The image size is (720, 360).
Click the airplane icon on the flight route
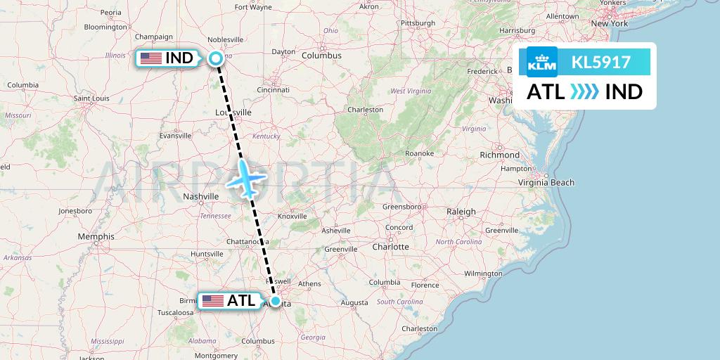coord(246,177)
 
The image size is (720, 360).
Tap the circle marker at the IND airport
coord(216,58)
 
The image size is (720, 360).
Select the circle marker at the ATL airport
coord(276,301)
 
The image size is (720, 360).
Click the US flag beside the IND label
coord(151,58)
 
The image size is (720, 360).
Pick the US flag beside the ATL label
coord(212,301)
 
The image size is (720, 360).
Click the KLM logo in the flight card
coord(542,63)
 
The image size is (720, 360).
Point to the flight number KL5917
coord(600,63)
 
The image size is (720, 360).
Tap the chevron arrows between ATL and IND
coord(585,92)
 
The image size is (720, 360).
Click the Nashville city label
coord(202,197)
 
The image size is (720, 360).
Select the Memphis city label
coord(96,236)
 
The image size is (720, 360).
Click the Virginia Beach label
coord(546,182)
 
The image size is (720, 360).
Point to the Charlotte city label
coord(390,247)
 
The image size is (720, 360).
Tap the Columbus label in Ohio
coord(321,56)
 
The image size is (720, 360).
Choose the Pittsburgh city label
coord(418,23)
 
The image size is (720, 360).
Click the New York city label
coord(609,23)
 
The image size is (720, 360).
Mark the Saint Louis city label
coord(91,98)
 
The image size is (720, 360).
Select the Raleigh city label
coord(461,211)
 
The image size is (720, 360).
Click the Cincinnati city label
coord(274,90)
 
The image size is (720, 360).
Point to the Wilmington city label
coord(482,273)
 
